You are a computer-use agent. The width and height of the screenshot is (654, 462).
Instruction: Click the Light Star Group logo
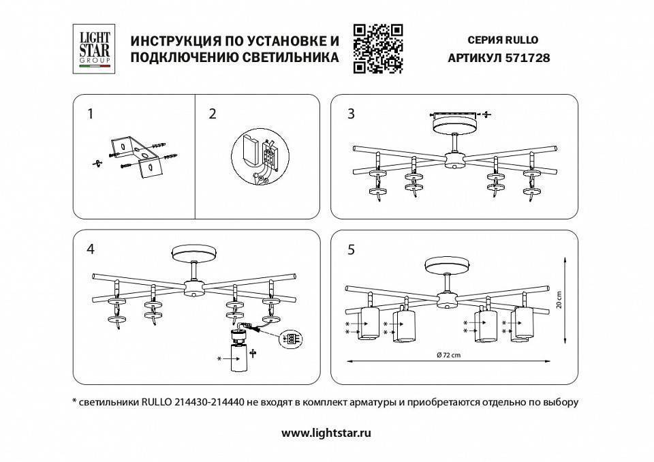tap(93, 48)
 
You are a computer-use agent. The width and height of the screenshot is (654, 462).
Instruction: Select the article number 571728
tap(527, 59)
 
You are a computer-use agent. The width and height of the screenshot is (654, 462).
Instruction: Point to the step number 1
tap(90, 114)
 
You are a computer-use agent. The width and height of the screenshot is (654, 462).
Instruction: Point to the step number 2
tap(213, 114)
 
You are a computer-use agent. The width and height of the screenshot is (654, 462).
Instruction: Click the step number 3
tap(351, 114)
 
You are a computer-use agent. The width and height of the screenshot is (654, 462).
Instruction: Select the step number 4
tap(90, 249)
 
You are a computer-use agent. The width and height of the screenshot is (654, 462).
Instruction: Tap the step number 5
tap(351, 249)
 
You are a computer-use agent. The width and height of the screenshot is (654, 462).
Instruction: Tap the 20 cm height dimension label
tap(558, 300)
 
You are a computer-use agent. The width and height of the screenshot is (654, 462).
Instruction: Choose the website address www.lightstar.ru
tap(326, 432)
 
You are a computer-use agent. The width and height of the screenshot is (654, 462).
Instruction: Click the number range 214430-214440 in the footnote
tap(210, 402)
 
